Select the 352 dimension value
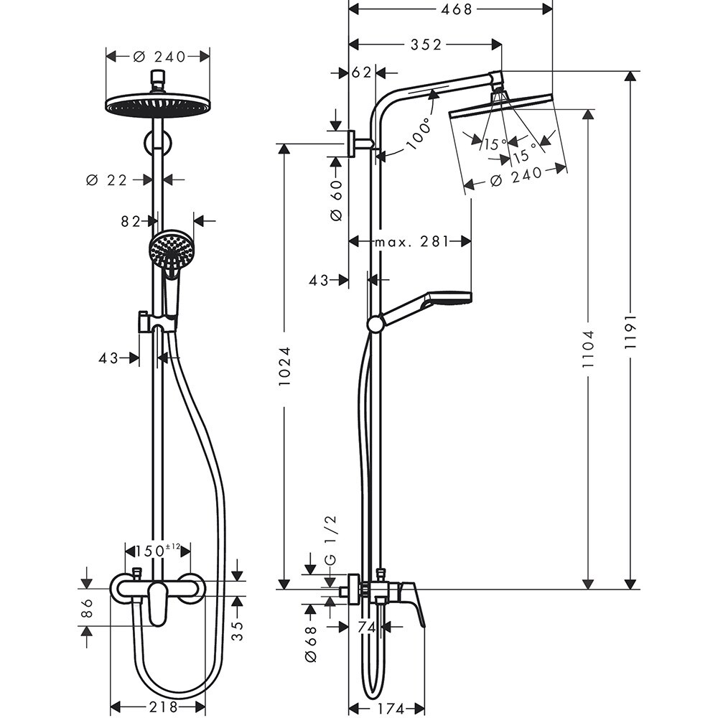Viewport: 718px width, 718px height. (x=426, y=45)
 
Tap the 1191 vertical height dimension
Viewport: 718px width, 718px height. (x=630, y=332)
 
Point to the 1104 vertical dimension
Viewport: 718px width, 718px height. (x=589, y=350)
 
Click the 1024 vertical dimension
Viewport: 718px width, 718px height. (x=285, y=368)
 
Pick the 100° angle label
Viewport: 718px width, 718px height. (x=421, y=133)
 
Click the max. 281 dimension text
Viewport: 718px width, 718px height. (x=411, y=241)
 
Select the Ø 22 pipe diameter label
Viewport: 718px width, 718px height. (x=106, y=180)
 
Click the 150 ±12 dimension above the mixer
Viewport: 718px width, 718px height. (x=153, y=551)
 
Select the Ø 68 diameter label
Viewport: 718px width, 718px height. (x=310, y=643)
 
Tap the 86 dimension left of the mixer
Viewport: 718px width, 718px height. (x=88, y=609)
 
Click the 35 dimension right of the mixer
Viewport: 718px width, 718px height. (x=238, y=630)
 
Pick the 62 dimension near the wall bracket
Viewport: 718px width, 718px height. (x=362, y=73)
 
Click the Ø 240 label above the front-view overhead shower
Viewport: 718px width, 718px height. (x=158, y=56)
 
